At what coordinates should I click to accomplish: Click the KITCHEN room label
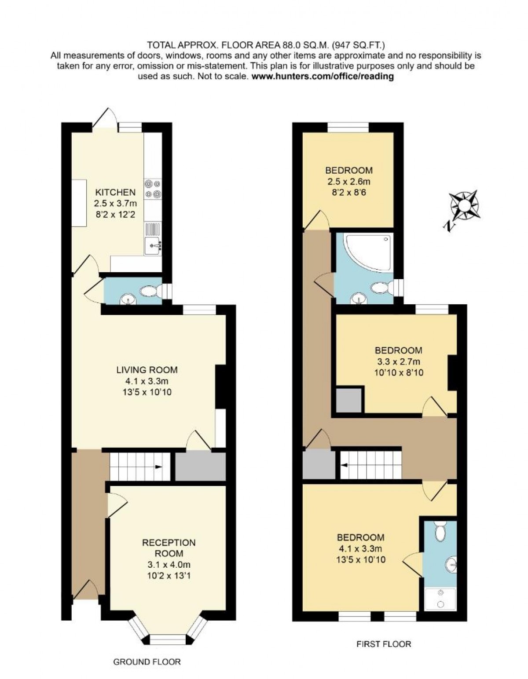click(x=115, y=192)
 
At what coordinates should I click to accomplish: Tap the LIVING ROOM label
click(x=147, y=370)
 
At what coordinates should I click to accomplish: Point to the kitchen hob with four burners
click(x=153, y=189)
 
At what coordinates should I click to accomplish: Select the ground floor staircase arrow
click(x=158, y=467)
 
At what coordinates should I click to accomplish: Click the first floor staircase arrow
click(x=345, y=466)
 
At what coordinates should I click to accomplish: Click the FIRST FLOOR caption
click(x=384, y=644)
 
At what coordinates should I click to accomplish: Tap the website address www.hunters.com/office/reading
click(x=323, y=76)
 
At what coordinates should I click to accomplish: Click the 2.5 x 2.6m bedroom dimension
click(x=349, y=181)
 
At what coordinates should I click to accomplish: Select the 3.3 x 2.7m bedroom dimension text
click(x=399, y=361)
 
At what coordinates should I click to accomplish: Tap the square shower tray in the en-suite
click(x=441, y=599)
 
